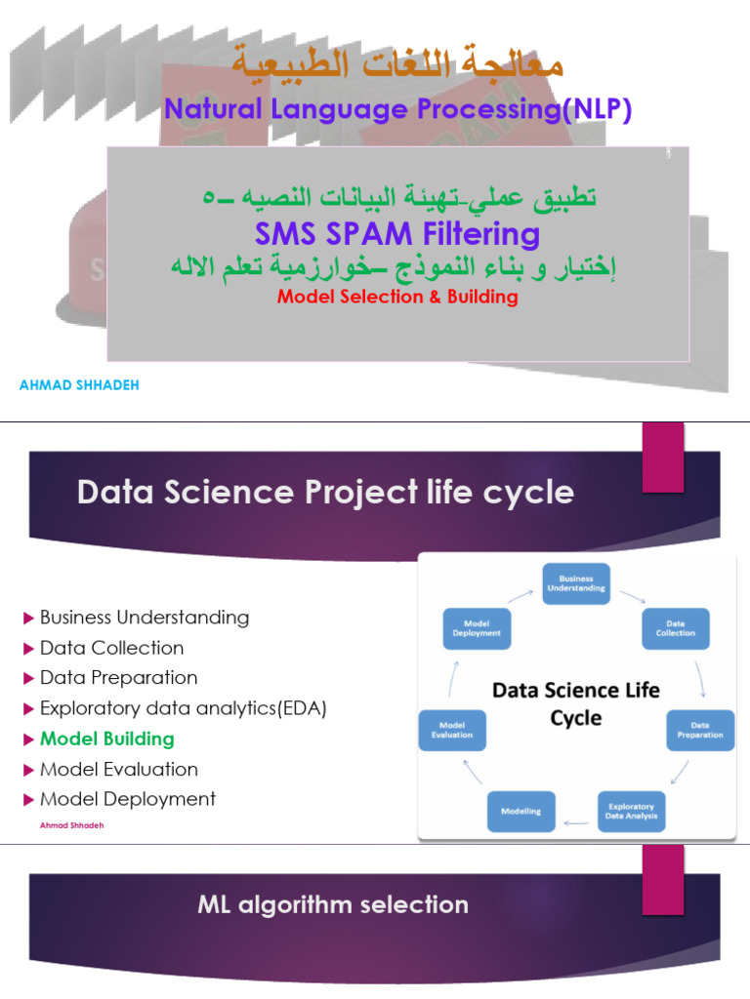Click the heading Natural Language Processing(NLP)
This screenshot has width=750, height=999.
tap(398, 110)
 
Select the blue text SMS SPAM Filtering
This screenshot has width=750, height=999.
tap(397, 234)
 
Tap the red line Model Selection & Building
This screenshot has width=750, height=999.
tap(397, 297)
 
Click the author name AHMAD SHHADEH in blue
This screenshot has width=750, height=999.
tap(79, 385)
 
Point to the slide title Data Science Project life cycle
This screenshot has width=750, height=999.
tap(325, 493)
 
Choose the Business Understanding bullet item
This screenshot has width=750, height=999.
tap(145, 618)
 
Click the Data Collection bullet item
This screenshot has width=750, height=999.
tap(111, 648)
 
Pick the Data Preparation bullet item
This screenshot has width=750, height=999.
tap(118, 678)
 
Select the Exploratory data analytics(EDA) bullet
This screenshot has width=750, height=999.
tap(183, 708)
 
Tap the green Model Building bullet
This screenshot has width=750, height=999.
tap(107, 739)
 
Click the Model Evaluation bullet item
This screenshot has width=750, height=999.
tap(118, 769)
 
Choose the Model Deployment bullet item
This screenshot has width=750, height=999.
tap(127, 799)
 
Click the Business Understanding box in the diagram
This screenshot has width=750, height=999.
tap(576, 584)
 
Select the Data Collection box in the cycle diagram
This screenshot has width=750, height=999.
tap(675, 628)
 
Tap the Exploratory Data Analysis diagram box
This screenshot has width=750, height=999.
tap(632, 811)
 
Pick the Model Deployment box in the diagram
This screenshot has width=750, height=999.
tap(477, 628)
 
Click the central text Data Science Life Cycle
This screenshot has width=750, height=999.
tap(575, 703)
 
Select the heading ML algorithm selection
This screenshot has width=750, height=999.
tap(333, 904)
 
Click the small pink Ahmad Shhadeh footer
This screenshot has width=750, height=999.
tap(72, 824)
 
